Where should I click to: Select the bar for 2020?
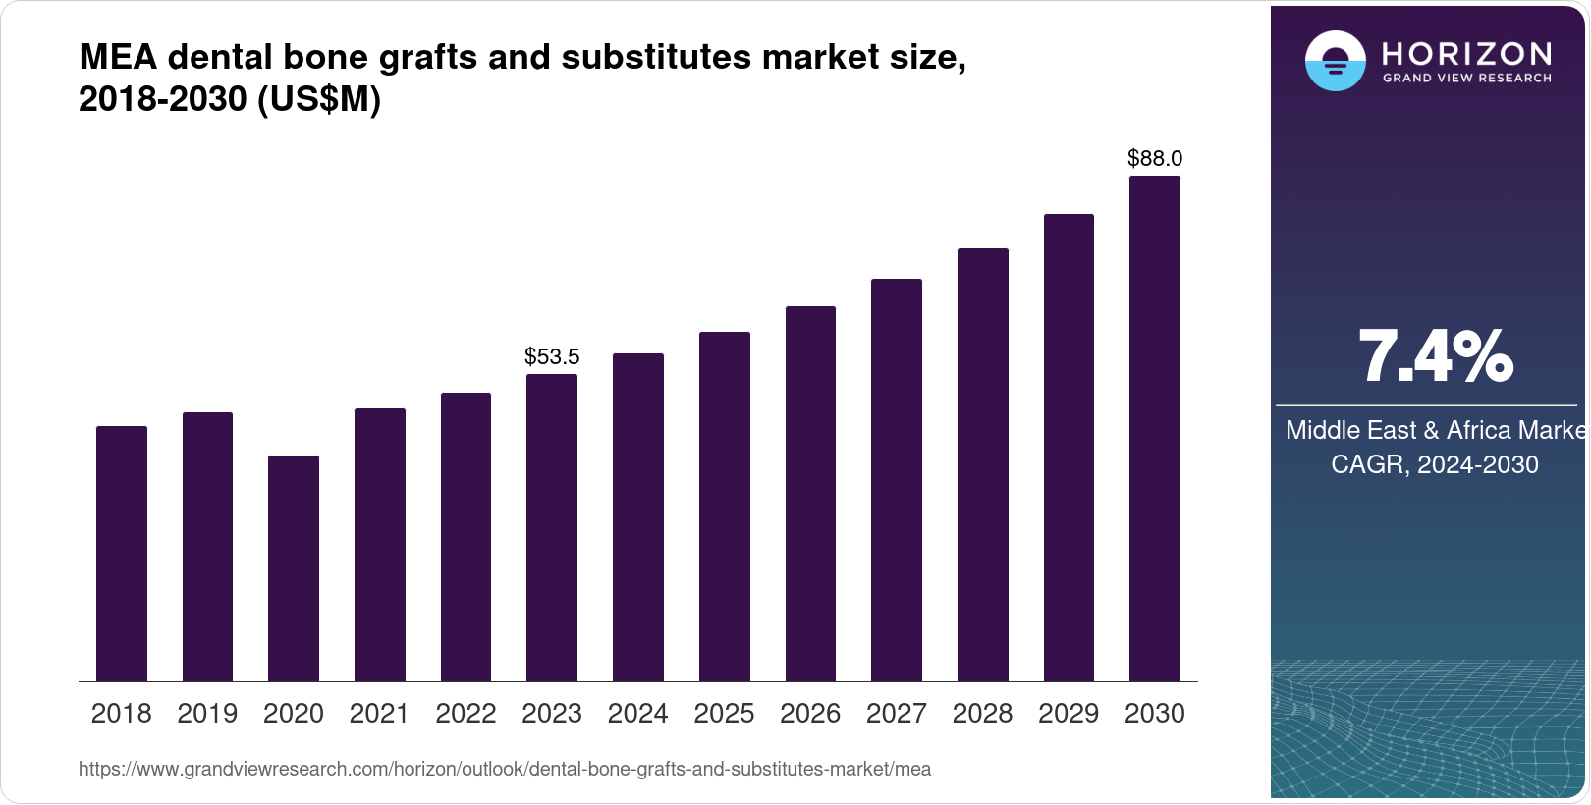[294, 568]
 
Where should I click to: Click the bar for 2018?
[122, 554]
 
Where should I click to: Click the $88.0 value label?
[1155, 158]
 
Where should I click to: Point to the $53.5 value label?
[552, 356]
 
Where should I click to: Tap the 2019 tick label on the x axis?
[207, 714]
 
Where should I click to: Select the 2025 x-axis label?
[724, 714]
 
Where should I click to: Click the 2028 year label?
[982, 714]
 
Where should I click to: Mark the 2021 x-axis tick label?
[379, 714]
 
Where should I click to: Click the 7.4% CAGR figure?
[1435, 356]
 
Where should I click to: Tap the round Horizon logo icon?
[1335, 61]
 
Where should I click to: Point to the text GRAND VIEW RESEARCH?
[1467, 79]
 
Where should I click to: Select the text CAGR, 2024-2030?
[1434, 464]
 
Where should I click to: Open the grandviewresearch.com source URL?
[505, 769]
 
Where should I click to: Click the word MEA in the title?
[118, 58]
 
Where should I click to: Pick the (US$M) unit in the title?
[319, 99]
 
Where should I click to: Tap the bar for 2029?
[1069, 448]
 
